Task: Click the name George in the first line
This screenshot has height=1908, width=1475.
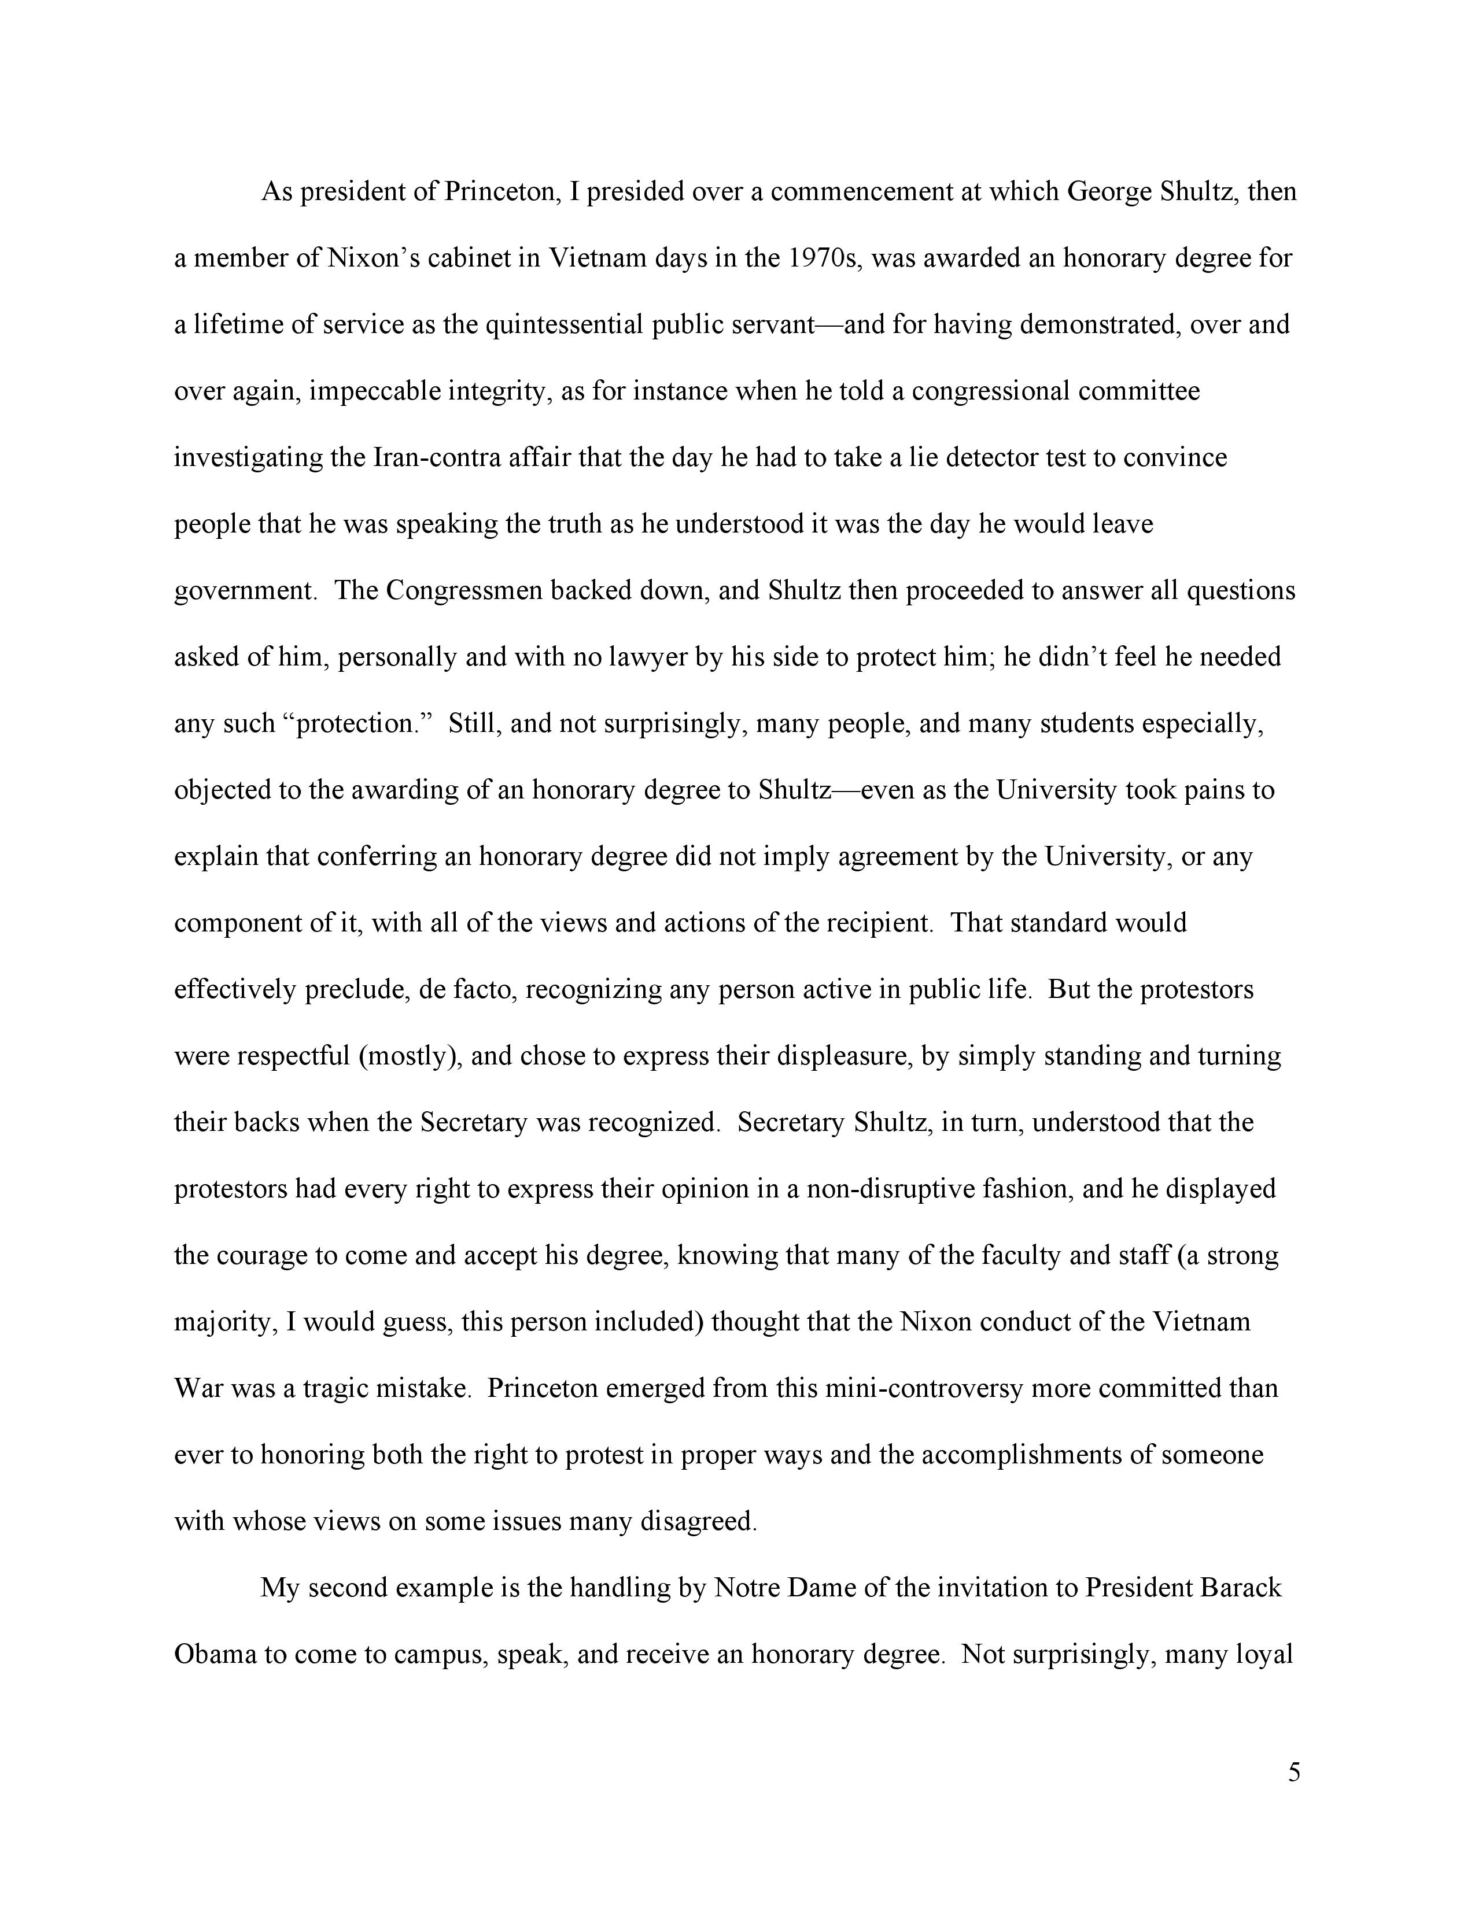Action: (1108, 191)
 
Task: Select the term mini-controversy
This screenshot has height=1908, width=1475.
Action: (924, 1388)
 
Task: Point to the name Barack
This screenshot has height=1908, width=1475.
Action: (1241, 1587)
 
